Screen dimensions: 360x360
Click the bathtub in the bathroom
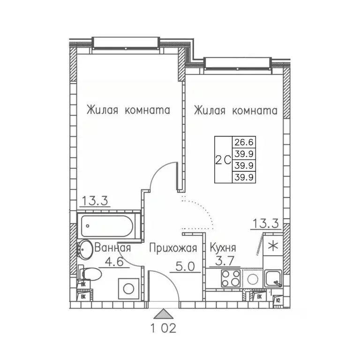coord(109,227)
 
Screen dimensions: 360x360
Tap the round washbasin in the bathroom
coord(85,250)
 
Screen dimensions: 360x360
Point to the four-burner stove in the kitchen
coord(230,279)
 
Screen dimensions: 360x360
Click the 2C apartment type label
coord(223,159)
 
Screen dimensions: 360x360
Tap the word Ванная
coord(112,248)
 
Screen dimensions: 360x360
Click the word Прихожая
coord(173,248)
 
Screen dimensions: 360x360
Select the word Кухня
coord(223,248)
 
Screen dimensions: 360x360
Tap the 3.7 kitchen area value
coord(221,262)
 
